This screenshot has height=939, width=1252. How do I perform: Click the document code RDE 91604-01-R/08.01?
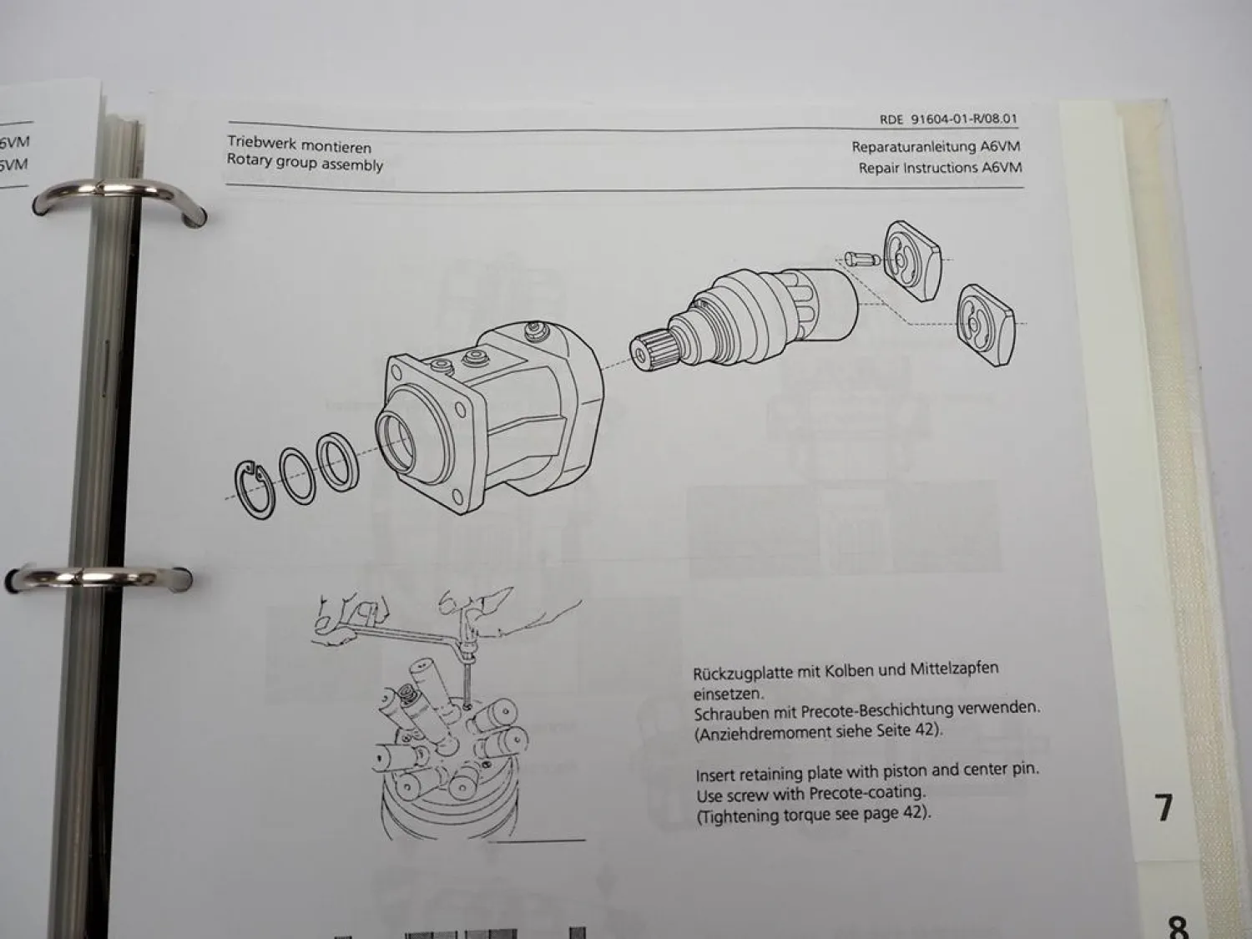pyautogui.click(x=948, y=119)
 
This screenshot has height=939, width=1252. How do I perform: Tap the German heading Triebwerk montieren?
pyautogui.click(x=300, y=144)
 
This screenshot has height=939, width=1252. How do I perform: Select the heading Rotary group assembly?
pyautogui.click(x=305, y=163)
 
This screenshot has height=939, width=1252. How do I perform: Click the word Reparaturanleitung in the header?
pyautogui.click(x=914, y=147)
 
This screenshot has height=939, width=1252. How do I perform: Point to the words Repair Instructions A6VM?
pyautogui.click(x=940, y=168)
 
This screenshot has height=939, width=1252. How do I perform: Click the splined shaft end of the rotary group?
pyautogui.click(x=651, y=350)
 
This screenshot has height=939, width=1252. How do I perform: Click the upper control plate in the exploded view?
pyautogui.click(x=911, y=261)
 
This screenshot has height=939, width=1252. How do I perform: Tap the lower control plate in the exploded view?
pyautogui.click(x=985, y=325)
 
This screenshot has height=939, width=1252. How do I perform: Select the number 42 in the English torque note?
pyautogui.click(x=912, y=812)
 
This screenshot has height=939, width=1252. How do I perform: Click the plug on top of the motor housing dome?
pyautogui.click(x=533, y=330)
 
